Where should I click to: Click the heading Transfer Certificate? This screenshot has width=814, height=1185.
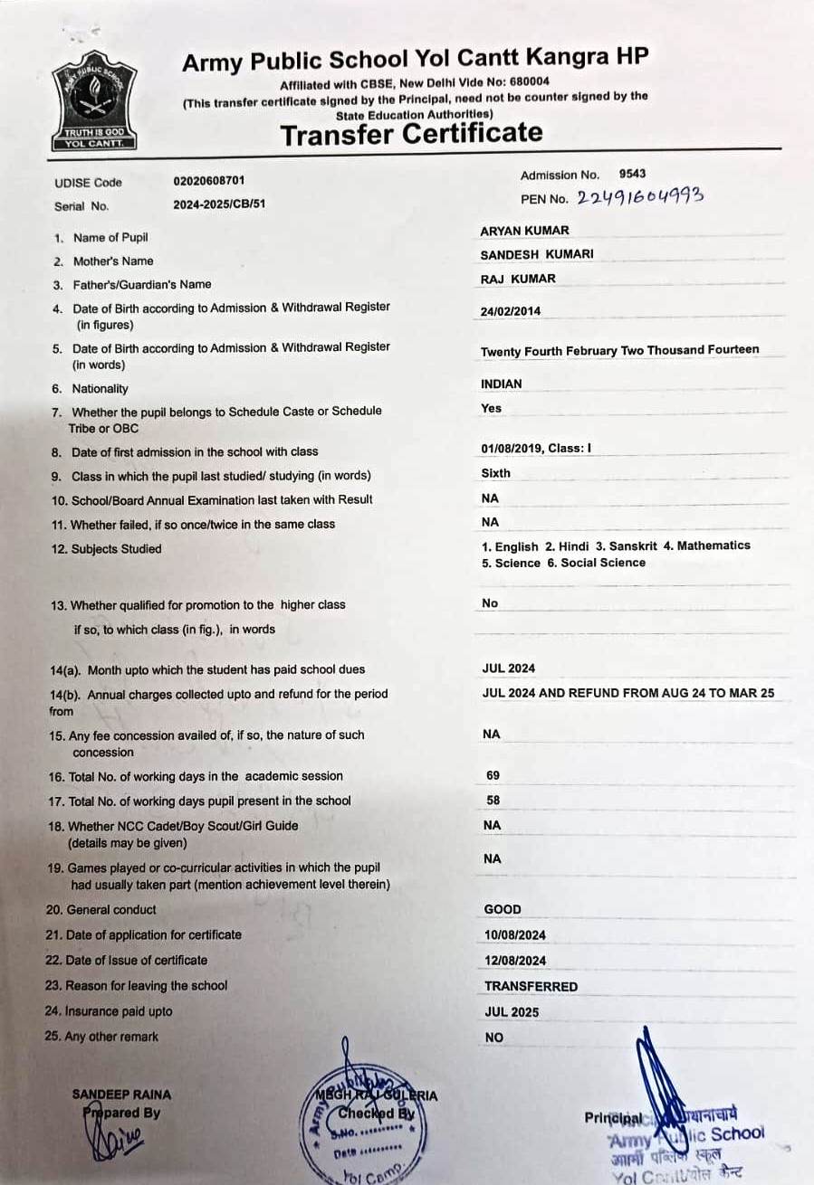click(411, 134)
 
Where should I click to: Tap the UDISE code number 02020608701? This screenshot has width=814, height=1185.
click(209, 181)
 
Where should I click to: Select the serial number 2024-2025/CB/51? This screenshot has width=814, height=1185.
click(219, 204)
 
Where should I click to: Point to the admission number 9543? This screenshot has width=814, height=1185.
click(632, 174)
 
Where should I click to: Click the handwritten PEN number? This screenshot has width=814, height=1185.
click(640, 196)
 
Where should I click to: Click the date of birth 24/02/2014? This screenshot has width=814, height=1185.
click(511, 311)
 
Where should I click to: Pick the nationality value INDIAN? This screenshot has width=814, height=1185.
click(502, 384)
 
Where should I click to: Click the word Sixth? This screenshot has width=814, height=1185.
click(496, 473)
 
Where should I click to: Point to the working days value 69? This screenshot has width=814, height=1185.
click(493, 776)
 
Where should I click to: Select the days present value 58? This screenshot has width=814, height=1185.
click(493, 801)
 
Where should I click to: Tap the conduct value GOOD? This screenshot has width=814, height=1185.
click(503, 910)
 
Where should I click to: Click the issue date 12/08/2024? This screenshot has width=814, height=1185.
click(515, 961)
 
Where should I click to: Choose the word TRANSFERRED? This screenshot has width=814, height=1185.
click(531, 986)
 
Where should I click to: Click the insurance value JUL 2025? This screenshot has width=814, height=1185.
click(512, 1012)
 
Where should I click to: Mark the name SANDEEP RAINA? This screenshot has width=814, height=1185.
click(121, 1095)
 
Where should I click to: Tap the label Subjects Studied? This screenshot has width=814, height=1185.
click(116, 549)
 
